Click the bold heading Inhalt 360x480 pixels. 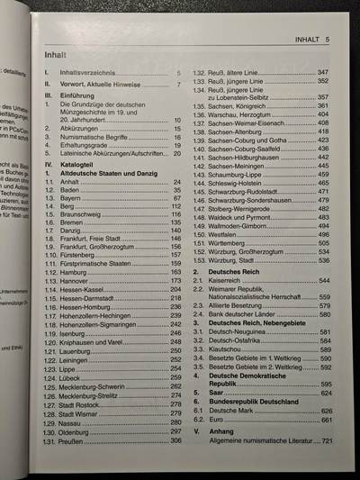tap(56, 56)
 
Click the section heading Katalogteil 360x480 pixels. tap(79, 167)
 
